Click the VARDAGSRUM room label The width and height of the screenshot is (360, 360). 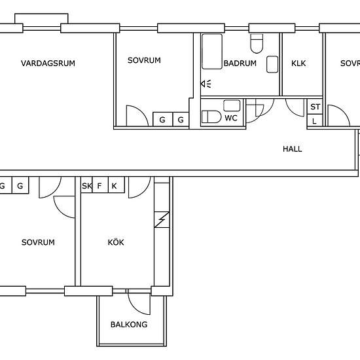(x=48, y=63)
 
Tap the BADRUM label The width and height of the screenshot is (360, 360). (x=240, y=63)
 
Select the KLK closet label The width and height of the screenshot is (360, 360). (x=298, y=63)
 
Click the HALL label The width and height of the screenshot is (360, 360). (x=293, y=149)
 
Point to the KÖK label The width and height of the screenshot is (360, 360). (x=116, y=242)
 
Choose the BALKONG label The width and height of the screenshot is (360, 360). (x=129, y=325)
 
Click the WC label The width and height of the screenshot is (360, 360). (x=231, y=118)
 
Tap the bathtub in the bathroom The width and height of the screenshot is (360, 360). (x=212, y=52)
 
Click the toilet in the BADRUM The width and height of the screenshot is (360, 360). (x=257, y=44)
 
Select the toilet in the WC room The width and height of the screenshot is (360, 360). (x=211, y=117)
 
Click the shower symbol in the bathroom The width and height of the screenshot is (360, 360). (x=206, y=84)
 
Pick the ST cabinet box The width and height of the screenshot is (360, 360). (x=315, y=107)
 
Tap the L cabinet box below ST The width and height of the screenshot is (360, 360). (x=315, y=120)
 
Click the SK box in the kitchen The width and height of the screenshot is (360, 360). (x=86, y=185)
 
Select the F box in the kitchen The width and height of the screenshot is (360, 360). (x=100, y=185)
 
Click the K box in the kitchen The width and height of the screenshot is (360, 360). (x=117, y=185)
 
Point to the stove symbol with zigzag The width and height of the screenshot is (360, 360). (x=162, y=220)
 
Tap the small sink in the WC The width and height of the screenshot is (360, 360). (x=232, y=105)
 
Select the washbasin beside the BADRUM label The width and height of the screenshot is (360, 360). (x=272, y=64)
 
